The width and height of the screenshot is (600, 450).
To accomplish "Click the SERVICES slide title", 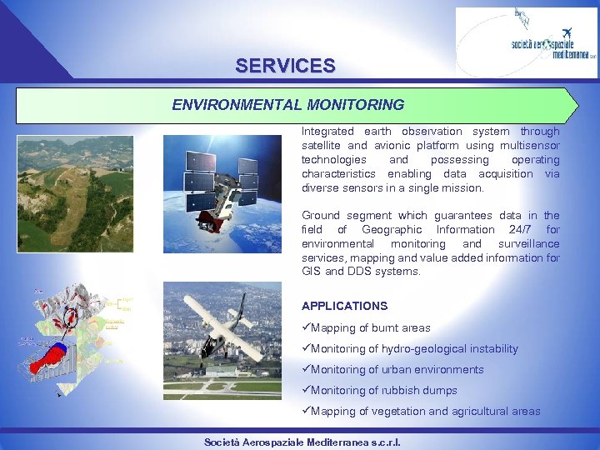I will pyautogui.click(x=285, y=65).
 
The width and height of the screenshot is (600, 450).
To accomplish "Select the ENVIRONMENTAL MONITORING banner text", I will pyautogui.click(x=287, y=105).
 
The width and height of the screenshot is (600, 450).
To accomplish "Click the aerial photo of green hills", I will pyautogui.click(x=75, y=194).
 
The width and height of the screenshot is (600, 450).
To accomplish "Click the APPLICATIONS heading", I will pyautogui.click(x=344, y=306).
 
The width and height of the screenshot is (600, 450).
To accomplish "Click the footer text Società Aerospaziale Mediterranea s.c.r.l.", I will pyautogui.click(x=302, y=442).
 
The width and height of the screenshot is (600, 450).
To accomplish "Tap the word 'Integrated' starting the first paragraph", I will pyautogui.click(x=327, y=131).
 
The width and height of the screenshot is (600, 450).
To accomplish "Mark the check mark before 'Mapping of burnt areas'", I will pyautogui.click(x=306, y=327).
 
